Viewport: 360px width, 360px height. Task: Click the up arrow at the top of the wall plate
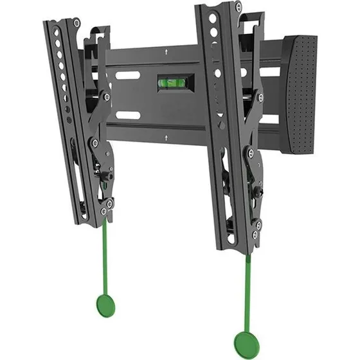[x=166, y=50]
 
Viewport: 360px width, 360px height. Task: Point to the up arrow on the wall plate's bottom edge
[x=166, y=136]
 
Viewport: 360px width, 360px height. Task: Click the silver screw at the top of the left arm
[x=76, y=24]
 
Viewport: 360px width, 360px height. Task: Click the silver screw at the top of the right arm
[x=239, y=8]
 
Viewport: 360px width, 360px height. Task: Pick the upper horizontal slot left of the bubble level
[x=129, y=75]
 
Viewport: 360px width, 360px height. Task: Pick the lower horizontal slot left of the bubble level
[x=129, y=115]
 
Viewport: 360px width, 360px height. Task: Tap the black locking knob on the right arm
[x=258, y=191]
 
